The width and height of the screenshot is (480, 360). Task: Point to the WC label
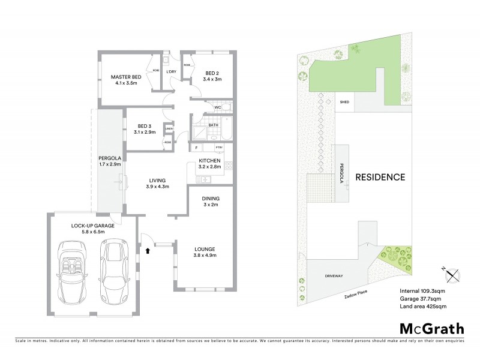coord(218,107)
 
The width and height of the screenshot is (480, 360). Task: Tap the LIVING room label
coord(158,184)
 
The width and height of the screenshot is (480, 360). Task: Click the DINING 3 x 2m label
coord(211,202)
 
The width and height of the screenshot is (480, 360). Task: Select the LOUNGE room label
coord(204,253)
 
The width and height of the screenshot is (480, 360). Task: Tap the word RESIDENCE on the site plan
coord(380,178)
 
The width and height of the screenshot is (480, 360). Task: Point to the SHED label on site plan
coord(344,102)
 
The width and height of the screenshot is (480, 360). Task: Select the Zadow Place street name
coord(356,295)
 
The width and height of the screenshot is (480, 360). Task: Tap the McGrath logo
coord(431,328)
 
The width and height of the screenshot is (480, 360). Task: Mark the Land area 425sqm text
coord(423,307)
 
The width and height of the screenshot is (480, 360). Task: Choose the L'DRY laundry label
coord(171,72)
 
